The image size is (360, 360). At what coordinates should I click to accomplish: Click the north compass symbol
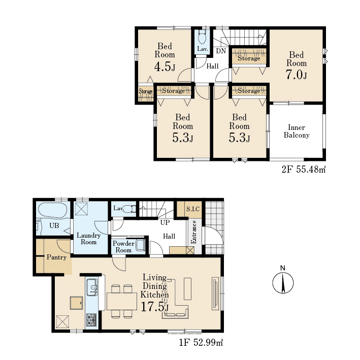click(283, 280)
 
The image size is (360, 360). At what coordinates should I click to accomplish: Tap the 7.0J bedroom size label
click(296, 75)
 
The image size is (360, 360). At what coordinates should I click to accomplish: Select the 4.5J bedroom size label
click(165, 67)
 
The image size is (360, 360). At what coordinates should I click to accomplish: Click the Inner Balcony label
click(297, 131)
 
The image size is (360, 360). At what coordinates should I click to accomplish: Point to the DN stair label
click(221, 51)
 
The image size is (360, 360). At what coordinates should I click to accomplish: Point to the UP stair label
click(165, 222)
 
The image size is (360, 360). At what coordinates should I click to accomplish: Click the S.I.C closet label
click(193, 209)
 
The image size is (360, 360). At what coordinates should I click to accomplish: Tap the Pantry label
click(56, 257)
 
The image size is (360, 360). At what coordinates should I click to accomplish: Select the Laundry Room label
click(89, 239)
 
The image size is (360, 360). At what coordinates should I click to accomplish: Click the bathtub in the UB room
click(53, 210)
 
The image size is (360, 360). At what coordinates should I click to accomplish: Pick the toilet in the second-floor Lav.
click(202, 38)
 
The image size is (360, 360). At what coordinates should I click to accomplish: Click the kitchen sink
click(92, 287)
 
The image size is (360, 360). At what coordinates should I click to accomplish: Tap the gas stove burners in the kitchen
click(91, 320)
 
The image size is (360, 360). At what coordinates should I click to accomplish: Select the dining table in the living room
click(122, 302)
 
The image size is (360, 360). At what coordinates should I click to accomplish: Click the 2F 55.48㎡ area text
click(304, 170)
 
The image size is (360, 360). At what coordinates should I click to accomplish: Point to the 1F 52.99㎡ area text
click(201, 343)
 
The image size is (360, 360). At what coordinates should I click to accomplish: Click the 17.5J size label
click(155, 307)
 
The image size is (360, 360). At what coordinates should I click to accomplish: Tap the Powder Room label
click(123, 247)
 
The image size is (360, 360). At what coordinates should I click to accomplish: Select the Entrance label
click(194, 232)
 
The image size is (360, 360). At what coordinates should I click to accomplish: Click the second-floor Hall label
click(212, 67)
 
